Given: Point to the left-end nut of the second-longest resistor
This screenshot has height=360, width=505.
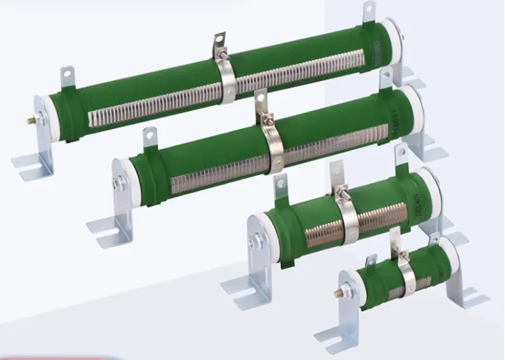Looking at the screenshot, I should click(x=115, y=184).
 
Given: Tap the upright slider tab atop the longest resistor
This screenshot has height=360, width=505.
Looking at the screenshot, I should click(x=220, y=43).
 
